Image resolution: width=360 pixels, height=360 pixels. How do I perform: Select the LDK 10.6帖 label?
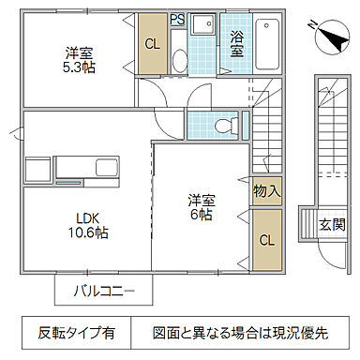pyautogui.click(x=86, y=226)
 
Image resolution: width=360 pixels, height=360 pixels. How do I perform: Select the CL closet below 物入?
pyautogui.click(x=265, y=239)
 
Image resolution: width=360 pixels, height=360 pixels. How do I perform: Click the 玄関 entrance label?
pyautogui.click(x=331, y=225)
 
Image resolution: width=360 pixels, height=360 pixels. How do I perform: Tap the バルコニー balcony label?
pyautogui.click(x=105, y=290)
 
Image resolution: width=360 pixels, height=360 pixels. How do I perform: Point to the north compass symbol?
pyautogui.click(x=331, y=35)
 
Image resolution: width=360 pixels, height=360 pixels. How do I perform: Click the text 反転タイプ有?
pyautogui.click(x=78, y=333)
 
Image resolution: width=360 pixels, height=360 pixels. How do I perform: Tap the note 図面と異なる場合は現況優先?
pyautogui.click(x=241, y=333)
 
